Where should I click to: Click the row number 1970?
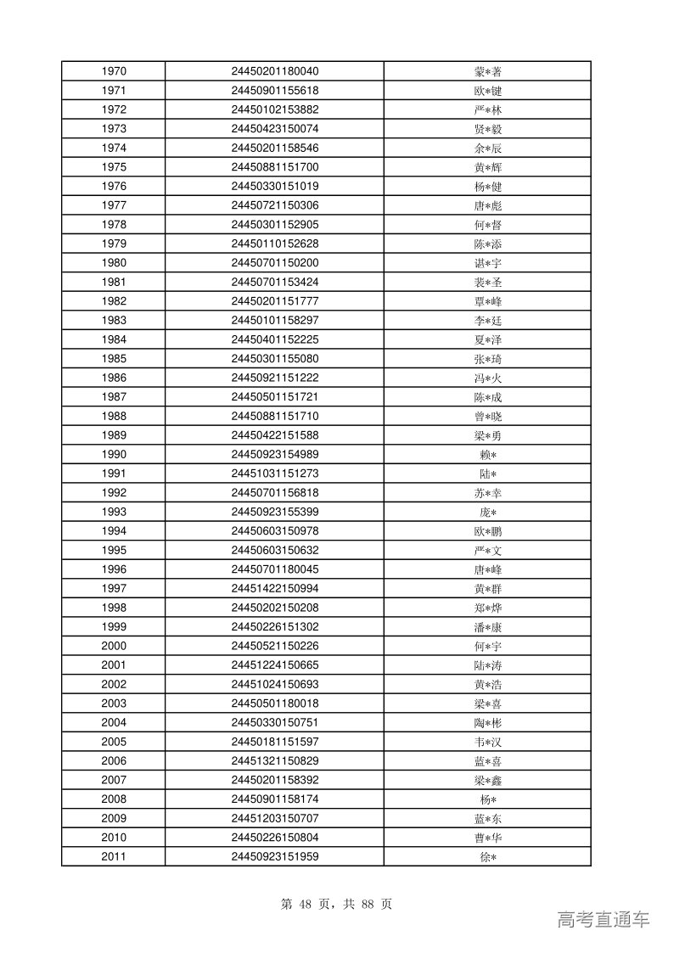[113, 71]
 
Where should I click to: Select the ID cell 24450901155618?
[274, 91]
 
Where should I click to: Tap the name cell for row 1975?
[487, 167]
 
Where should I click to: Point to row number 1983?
[113, 321]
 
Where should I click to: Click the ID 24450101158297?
[274, 321]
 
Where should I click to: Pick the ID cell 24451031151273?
[274, 474]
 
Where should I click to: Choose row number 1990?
[113, 455]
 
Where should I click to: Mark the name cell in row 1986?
[487, 378]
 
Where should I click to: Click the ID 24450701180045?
[274, 569]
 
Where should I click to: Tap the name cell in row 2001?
[487, 665]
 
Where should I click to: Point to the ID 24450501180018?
[274, 704]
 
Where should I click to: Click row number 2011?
[113, 857]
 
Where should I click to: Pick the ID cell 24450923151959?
[274, 857]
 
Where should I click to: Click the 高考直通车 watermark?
[604, 920]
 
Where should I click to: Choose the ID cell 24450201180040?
[274, 71]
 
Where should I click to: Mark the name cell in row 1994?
[487, 531]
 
